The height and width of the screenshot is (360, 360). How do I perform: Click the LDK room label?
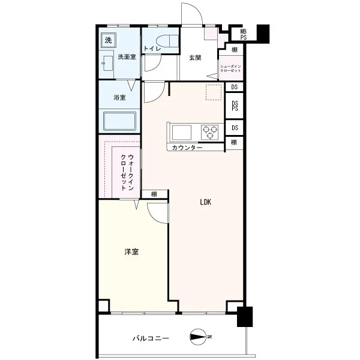click(x=205, y=202)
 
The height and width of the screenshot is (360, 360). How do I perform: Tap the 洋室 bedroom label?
click(x=131, y=252)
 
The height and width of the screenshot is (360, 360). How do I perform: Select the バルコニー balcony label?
click(x=151, y=338)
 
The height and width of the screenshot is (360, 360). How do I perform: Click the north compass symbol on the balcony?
click(x=197, y=337)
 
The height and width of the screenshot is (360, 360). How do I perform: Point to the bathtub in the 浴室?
click(x=119, y=121)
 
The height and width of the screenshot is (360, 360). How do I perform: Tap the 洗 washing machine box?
click(x=109, y=40)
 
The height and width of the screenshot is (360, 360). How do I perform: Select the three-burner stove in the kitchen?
click(x=209, y=132)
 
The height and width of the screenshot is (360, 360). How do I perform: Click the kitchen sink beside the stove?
click(x=182, y=132)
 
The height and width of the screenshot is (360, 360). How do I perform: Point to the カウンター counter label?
click(x=187, y=148)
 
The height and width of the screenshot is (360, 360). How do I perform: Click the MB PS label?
click(x=244, y=34)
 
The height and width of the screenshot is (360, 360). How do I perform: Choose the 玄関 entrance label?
click(x=195, y=58)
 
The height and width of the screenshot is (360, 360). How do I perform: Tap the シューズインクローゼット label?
click(x=230, y=68)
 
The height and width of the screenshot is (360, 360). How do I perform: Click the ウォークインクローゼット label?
click(x=127, y=172)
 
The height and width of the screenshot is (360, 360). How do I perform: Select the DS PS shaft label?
click(x=235, y=106)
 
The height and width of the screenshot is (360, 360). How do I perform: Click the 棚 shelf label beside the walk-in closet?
click(x=154, y=194)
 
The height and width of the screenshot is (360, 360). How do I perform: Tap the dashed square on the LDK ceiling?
click(x=214, y=92)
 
